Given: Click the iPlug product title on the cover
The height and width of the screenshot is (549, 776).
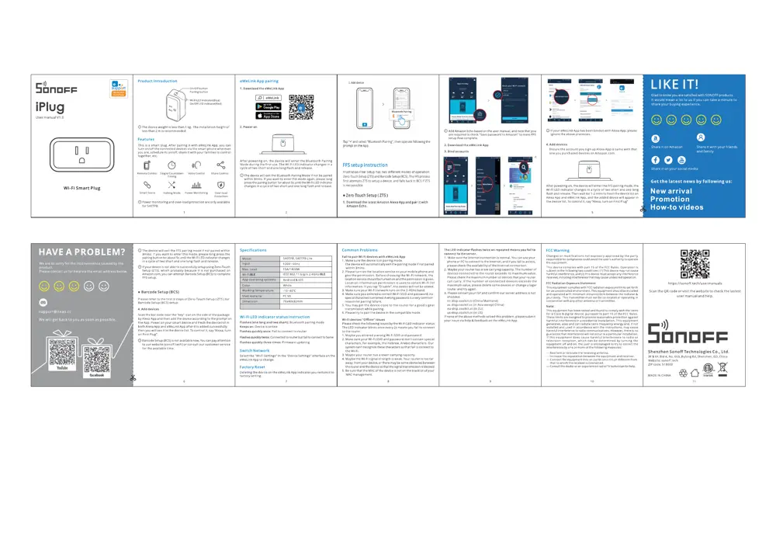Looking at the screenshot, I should point(50,106).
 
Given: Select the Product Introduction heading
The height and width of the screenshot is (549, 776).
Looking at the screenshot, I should point(157,81).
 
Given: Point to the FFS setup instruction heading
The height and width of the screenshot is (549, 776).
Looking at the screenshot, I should point(365,165).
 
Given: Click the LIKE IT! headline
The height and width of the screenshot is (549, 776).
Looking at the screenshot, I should point(674,84).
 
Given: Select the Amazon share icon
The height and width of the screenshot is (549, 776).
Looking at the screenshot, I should point(656,137).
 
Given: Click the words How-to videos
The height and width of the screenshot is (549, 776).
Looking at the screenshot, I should point(677,207).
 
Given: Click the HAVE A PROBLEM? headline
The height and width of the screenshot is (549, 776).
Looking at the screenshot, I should point(81,252).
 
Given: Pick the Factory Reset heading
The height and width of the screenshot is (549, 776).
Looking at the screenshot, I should point(253,367).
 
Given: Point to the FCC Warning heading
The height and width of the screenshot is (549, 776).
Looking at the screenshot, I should point(558,251).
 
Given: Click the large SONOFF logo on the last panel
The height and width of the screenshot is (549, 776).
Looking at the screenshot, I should point(677,334).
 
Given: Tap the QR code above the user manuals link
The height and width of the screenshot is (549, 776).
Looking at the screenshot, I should point(690,262).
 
